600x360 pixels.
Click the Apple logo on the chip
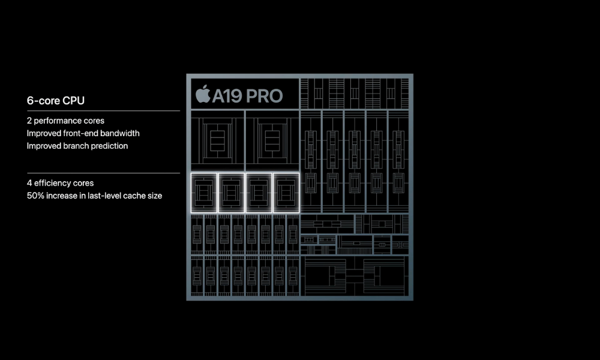point(203,94)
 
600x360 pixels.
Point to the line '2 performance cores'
point(65,121)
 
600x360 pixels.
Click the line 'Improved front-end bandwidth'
point(83,133)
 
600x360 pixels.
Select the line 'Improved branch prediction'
point(77,146)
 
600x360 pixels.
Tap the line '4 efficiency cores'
point(60,183)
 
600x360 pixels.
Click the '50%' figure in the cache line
point(35,196)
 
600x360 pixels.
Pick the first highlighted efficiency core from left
point(204,192)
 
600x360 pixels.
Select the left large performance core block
point(217,140)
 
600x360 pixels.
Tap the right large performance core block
point(272,140)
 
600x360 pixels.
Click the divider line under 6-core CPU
point(103,111)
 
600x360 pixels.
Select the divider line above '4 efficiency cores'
point(103,173)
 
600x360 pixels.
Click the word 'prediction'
point(109,146)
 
